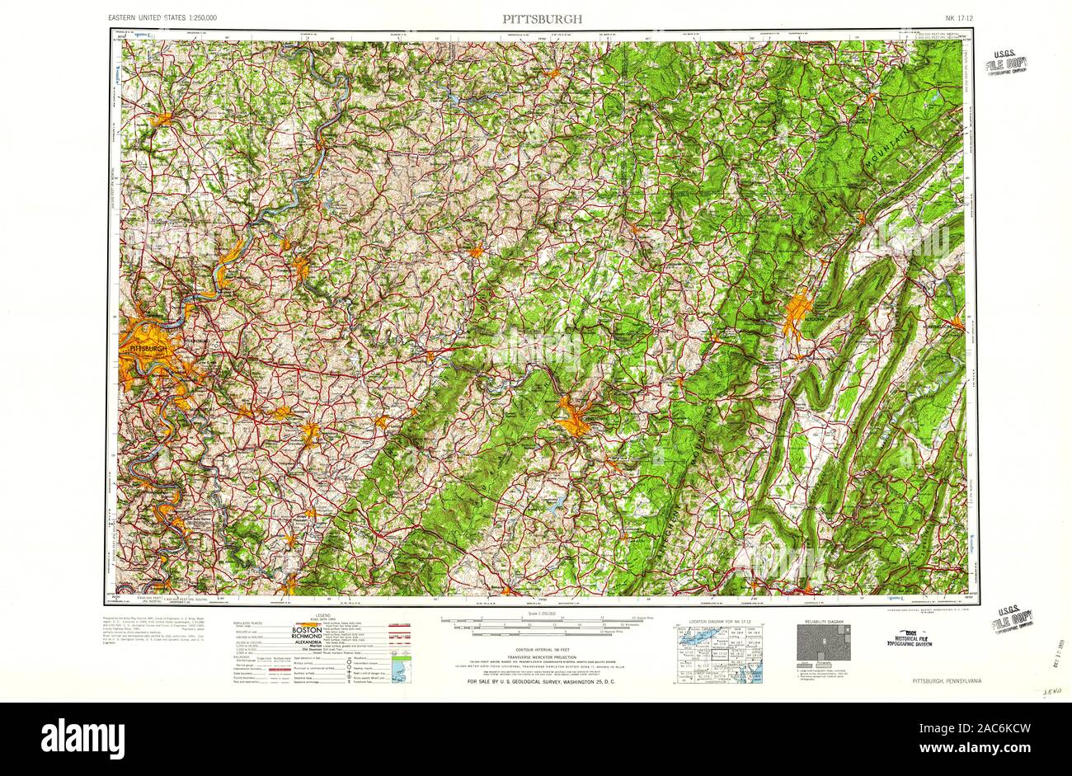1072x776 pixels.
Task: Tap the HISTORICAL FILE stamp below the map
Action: pyautogui.click(x=921, y=637)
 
